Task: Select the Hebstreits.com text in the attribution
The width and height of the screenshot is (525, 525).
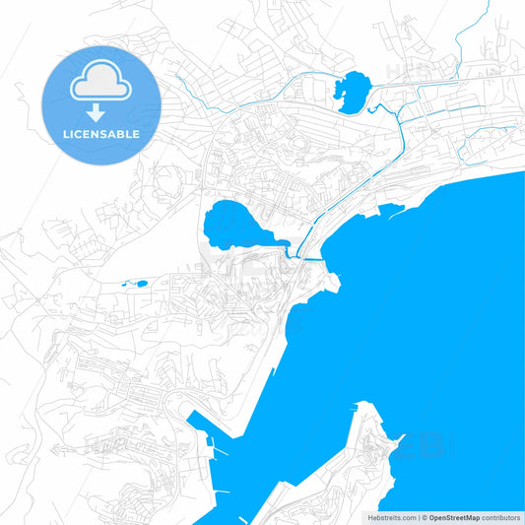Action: pos(391,517)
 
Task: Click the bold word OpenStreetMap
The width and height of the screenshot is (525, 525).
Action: pos(455,517)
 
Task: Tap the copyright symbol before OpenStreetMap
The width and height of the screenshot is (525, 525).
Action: pos(425,517)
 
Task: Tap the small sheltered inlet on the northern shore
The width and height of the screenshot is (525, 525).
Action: pos(392,209)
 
